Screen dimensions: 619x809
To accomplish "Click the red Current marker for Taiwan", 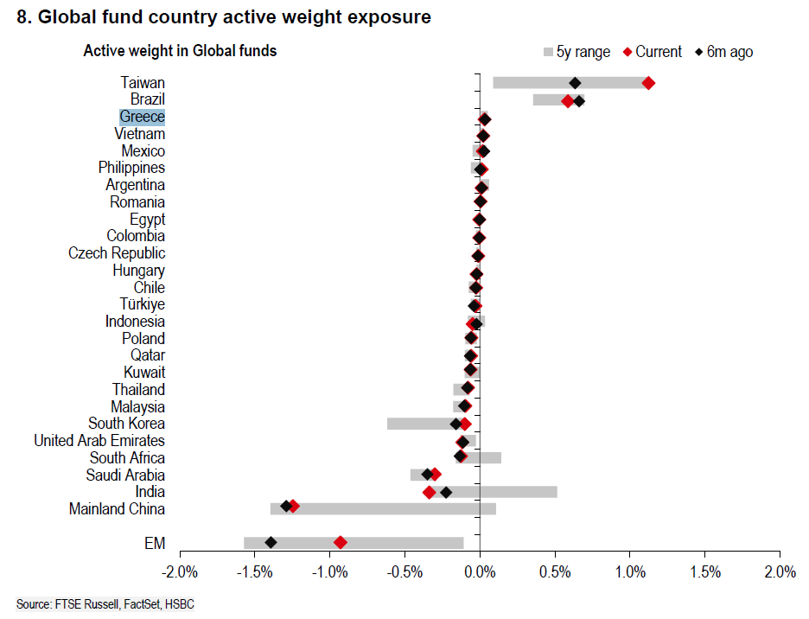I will coord(648,83).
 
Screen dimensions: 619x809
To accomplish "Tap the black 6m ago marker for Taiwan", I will coord(575,83).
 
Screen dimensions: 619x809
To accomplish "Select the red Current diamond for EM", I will coord(341,542).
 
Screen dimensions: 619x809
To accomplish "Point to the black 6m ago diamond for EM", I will coord(271,542).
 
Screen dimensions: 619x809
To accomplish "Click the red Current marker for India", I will coord(429,492).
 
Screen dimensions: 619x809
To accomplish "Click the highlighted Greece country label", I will coord(143,117).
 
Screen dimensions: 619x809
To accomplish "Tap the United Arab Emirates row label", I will coord(99,441).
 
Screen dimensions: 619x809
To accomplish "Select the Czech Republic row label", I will coord(117,253).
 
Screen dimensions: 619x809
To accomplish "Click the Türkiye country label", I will coord(143,304).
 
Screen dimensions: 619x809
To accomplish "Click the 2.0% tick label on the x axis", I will coord(780,572).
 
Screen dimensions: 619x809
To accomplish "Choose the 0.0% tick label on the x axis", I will coord(480,572).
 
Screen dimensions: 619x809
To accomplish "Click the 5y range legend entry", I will coord(576,52).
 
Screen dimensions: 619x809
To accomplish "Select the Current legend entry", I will coord(652,52).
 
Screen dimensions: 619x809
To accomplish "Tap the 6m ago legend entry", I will coord(724,52).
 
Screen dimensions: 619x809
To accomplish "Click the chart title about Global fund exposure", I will coord(224,17).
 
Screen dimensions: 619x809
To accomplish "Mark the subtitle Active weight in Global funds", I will coord(180,51).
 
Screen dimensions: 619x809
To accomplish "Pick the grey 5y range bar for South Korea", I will coord(424,424).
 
